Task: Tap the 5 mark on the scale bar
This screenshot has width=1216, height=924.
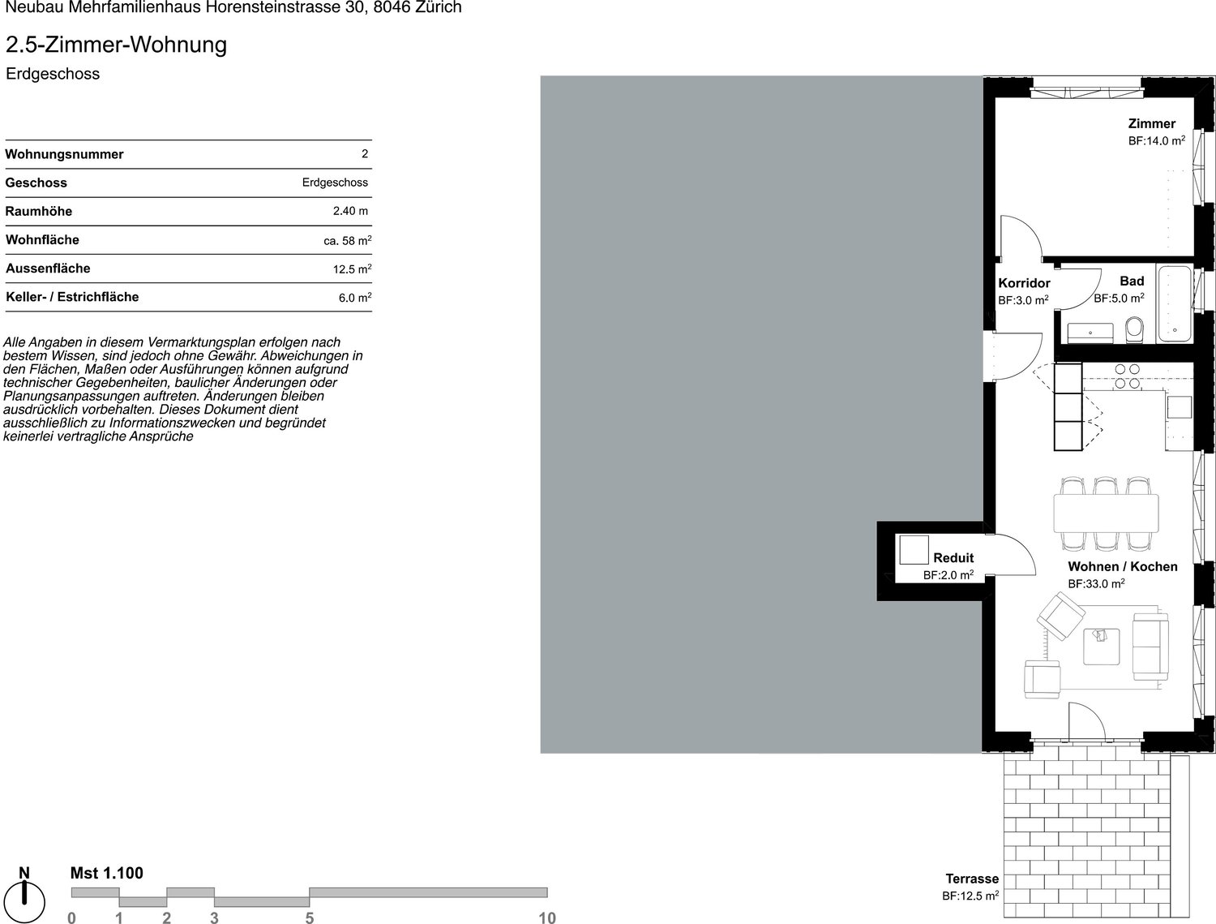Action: (x=309, y=918)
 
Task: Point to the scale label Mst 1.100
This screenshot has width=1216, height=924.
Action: (x=106, y=873)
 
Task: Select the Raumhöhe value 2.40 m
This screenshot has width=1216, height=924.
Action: (x=350, y=211)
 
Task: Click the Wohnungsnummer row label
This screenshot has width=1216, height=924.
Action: (x=64, y=154)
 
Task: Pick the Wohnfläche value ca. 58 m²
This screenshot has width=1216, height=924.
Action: (x=347, y=241)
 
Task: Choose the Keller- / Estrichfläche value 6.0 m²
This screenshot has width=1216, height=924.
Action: (x=355, y=298)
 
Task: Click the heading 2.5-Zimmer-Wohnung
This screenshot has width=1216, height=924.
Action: (x=117, y=45)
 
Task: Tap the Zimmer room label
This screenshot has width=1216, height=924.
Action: (x=1152, y=123)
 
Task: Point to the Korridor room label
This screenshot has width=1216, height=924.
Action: (x=1024, y=283)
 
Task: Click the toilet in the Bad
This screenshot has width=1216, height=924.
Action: (x=1134, y=330)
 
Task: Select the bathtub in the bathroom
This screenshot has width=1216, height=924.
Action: (x=1175, y=303)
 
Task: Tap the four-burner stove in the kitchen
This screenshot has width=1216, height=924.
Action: (x=1128, y=376)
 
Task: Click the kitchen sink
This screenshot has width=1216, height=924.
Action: (x=1180, y=407)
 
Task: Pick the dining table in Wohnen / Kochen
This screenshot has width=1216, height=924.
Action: (x=1106, y=514)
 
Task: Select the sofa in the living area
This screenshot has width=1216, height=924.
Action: (x=1150, y=647)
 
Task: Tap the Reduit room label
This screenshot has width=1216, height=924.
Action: (x=953, y=557)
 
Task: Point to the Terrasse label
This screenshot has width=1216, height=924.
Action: (x=972, y=879)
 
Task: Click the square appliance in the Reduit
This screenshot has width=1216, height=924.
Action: (x=914, y=550)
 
